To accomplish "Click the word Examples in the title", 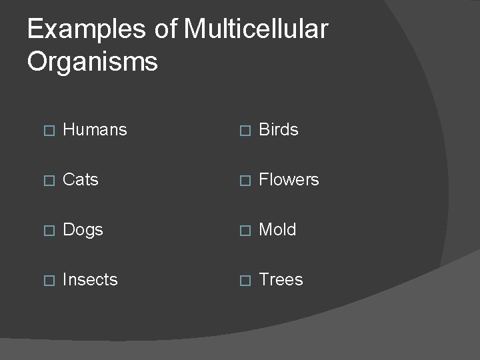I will click(86, 30).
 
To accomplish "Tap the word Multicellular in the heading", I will click(255, 29).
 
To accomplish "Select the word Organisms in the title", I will click(93, 62).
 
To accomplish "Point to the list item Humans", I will click(94, 130).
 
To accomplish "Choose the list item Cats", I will click(80, 180).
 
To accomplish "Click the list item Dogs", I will click(83, 230).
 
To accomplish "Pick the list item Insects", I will click(90, 280).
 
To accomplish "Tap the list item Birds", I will click(278, 130).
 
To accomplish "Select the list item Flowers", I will click(289, 180).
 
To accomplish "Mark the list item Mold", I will click(277, 230).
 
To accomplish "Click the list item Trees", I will click(281, 280).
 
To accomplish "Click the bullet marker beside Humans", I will click(47, 131).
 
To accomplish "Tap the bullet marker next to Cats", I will click(47, 181).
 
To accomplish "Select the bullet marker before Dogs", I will click(47, 231).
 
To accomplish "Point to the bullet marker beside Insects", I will click(47, 281).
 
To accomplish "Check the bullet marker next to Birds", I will click(243, 131).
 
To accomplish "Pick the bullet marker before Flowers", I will click(243, 181).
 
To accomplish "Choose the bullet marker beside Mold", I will click(243, 231).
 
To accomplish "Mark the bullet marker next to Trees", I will click(243, 281).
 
